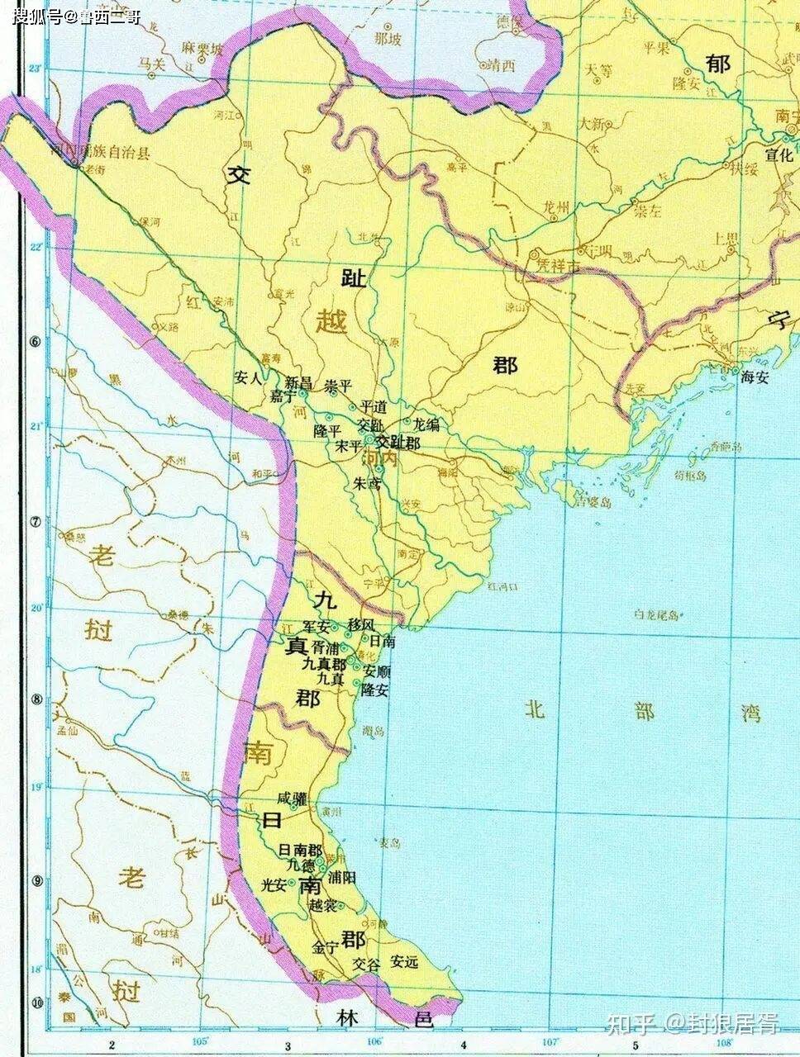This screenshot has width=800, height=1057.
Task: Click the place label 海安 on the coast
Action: pyautogui.click(x=755, y=376)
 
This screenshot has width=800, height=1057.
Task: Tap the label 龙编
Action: pyautogui.click(x=426, y=424)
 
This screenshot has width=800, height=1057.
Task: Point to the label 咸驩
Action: pyautogui.click(x=293, y=799)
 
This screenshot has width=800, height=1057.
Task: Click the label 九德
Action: pyautogui.click(x=301, y=865)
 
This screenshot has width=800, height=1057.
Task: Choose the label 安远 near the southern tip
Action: pyautogui.click(x=405, y=962)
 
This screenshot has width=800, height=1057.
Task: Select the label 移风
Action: pyautogui.click(x=361, y=623)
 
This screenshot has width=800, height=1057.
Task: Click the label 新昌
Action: pyautogui.click(x=298, y=383)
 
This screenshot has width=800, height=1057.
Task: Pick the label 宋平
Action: pyautogui.click(x=349, y=446)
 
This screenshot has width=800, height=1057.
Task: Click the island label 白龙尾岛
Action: pyautogui.click(x=656, y=614)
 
